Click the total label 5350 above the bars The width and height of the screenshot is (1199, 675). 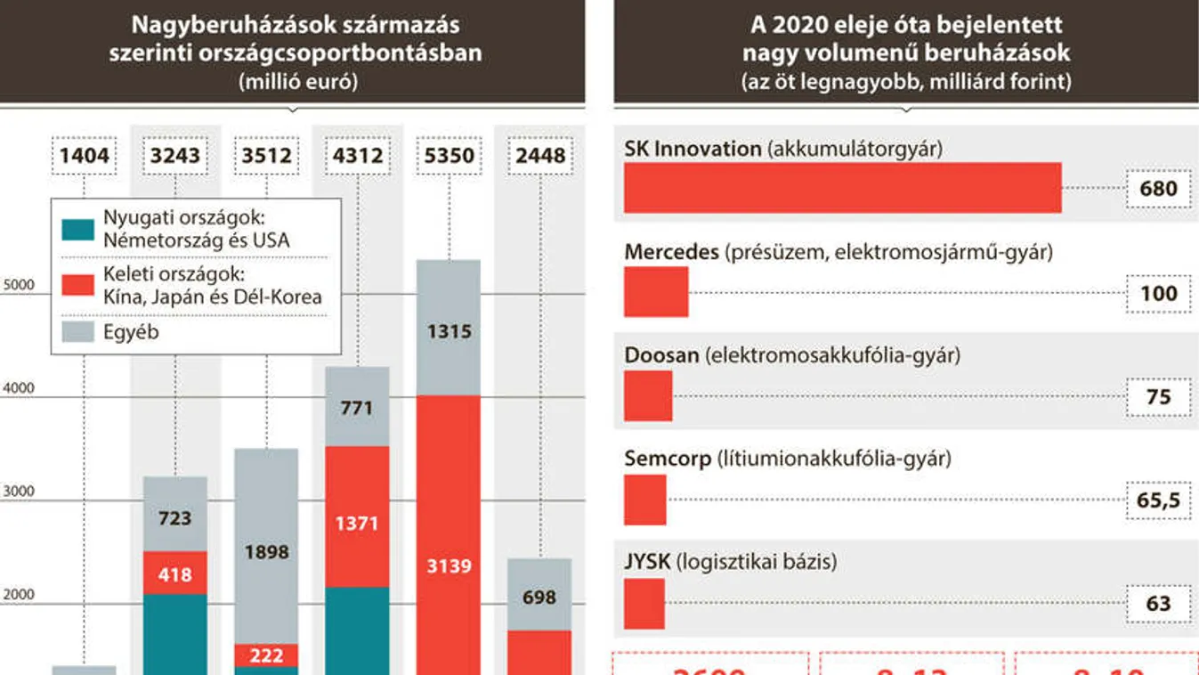tap(450, 157)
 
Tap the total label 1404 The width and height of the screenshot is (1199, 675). tap(85, 157)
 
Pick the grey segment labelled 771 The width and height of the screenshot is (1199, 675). tap(357, 407)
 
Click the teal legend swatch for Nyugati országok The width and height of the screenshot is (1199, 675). tap(77, 230)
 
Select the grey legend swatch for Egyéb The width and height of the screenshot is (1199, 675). tap(77, 332)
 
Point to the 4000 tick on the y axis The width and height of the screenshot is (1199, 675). tap(19, 389)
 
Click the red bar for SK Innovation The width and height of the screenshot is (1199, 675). tap(842, 188)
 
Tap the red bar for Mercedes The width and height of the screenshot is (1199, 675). tap(656, 292)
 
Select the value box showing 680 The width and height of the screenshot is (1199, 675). tap(1158, 189)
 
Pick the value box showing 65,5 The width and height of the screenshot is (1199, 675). tap(1158, 500)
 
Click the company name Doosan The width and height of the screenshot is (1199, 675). tap(661, 356)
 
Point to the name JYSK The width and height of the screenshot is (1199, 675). tap(647, 563)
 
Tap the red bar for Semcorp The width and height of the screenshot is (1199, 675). tap(644, 500)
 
